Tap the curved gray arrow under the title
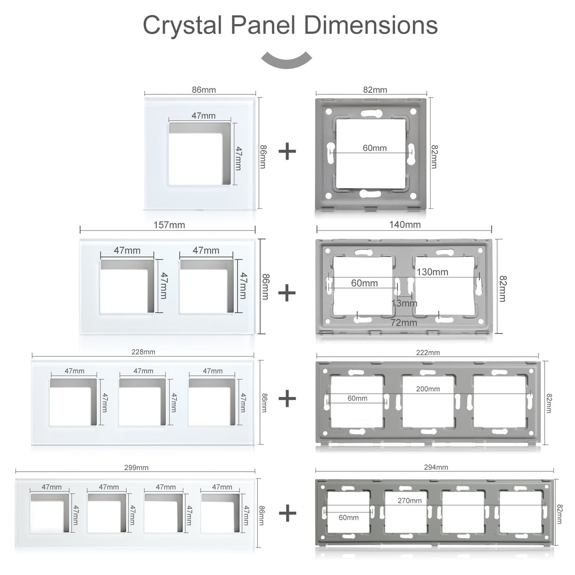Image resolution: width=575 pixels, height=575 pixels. click(287, 60)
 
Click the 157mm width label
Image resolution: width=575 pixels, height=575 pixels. click(169, 225)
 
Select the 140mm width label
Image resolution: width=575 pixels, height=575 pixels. click(405, 225)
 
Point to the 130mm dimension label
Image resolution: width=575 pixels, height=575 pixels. click(432, 272)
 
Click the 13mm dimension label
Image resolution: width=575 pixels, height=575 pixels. click(404, 303)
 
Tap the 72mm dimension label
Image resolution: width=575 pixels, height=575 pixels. click(404, 323)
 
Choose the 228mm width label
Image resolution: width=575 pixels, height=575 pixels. click(143, 352)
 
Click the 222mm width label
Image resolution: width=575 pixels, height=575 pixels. click(428, 352)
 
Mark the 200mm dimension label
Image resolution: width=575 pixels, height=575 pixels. click(428, 389)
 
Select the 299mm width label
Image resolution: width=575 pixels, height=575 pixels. click(136, 467)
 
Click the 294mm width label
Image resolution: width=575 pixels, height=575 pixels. click(436, 467)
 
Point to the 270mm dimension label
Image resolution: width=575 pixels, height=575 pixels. click(410, 501)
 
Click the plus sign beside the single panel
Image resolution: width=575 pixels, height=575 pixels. click(287, 152)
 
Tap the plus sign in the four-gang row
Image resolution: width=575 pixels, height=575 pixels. click(287, 513)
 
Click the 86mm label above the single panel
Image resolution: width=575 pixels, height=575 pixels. click(204, 90)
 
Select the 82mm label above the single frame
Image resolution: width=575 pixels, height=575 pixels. click(375, 90)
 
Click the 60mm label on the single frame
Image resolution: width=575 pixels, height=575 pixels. click(375, 148)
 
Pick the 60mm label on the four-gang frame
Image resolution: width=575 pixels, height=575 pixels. click(349, 517)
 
